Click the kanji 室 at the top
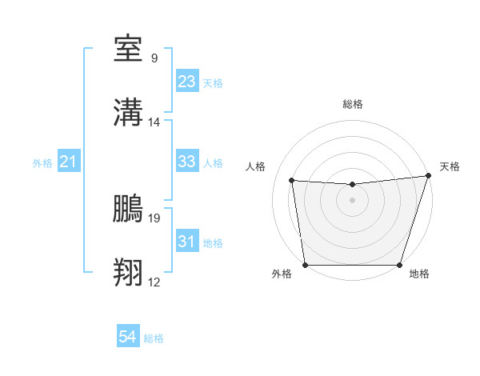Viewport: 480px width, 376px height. click(130, 49)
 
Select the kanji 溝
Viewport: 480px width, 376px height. click(130, 111)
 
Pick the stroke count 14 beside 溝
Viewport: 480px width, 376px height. click(154, 122)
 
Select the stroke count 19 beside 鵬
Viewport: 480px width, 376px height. click(154, 217)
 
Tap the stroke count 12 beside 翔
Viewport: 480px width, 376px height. click(154, 282)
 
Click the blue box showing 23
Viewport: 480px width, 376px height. click(187, 82)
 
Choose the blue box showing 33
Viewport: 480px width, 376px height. click(187, 162)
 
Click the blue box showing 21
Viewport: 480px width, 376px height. click(69, 162)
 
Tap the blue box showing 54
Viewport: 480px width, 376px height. click(128, 338)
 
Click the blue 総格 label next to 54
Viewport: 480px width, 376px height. click(154, 338)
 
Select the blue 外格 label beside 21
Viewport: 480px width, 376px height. click(42, 163)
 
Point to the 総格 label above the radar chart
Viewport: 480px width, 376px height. click(353, 104)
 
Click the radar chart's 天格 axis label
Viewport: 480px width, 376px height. click(450, 166)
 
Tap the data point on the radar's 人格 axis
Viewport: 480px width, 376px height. click(292, 181)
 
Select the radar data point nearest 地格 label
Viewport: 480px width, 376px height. click(400, 265)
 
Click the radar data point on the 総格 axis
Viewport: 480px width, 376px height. click(352, 185)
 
